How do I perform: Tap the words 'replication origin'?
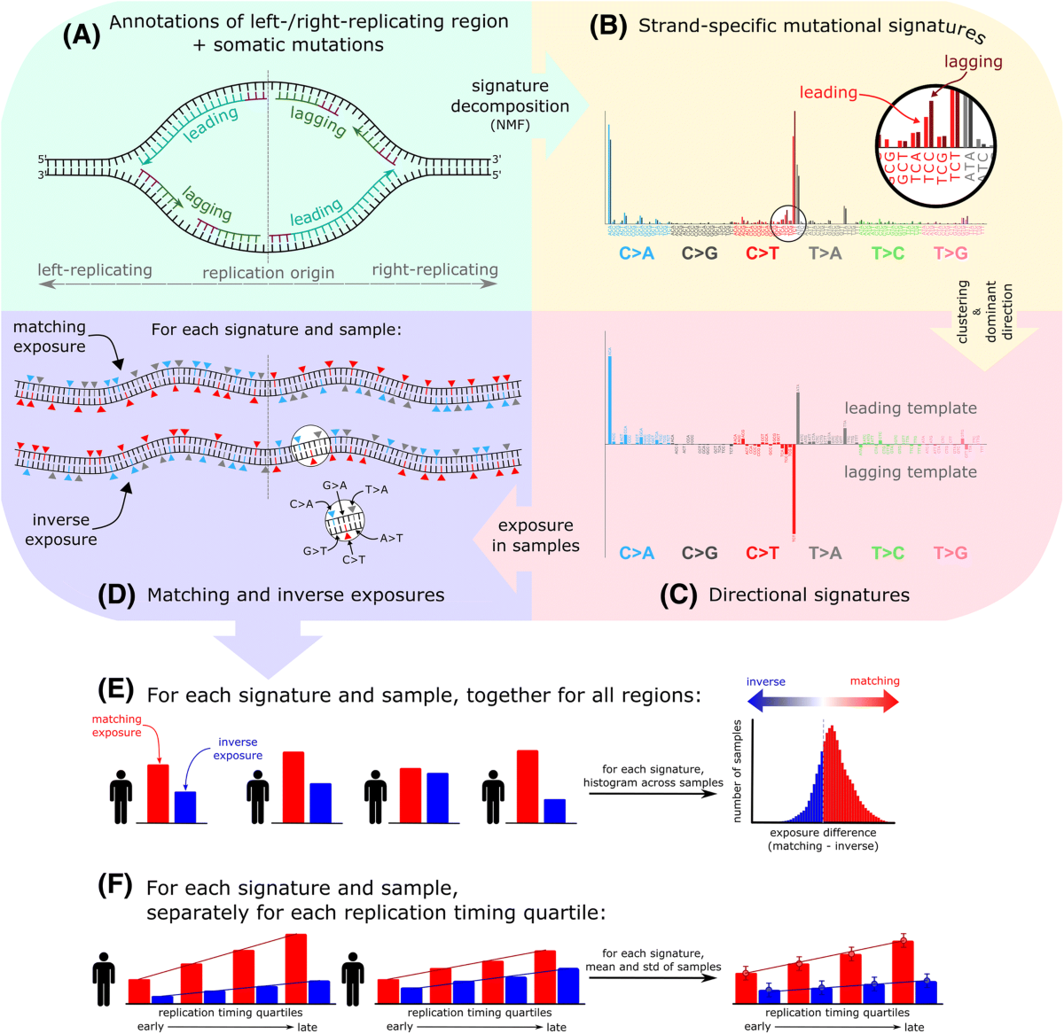[268, 273]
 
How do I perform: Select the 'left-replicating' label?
[95, 269]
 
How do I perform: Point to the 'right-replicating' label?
[434, 269]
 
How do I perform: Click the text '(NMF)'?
[510, 125]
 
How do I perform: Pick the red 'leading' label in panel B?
[828, 92]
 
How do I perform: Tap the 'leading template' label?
[910, 408]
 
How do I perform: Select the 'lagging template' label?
[910, 472]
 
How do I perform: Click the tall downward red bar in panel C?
[794, 492]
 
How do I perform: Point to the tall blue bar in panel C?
[610, 395]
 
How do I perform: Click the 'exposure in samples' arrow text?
[536, 535]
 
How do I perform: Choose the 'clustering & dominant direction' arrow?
[984, 319]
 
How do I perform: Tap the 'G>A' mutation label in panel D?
[334, 486]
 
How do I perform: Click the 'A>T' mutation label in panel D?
[391, 538]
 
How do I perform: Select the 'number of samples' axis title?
[737, 771]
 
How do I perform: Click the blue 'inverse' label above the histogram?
[765, 681]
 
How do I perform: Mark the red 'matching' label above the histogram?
[874, 680]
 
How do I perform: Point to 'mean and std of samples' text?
[653, 967]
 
